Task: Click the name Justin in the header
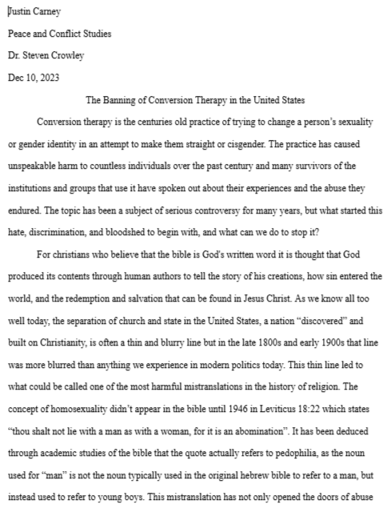tap(18, 11)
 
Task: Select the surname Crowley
tap(69, 55)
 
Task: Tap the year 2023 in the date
tap(50, 78)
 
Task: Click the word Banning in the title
tap(122, 100)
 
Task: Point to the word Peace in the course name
tap(20, 34)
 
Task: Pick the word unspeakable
tap(33, 166)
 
